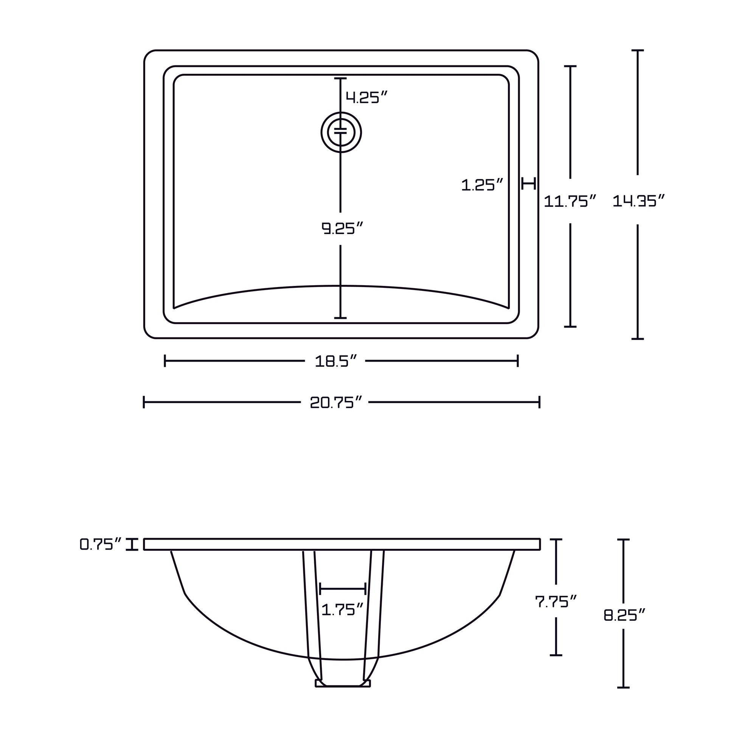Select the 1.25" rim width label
483,185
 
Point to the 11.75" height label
570,201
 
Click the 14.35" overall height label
639,201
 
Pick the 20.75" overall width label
335,402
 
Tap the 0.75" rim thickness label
101,544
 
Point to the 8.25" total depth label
625,615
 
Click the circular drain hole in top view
341,132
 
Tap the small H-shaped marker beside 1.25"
529,183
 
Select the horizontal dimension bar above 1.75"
343,588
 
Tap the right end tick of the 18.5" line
518,361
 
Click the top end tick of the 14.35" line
638,50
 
